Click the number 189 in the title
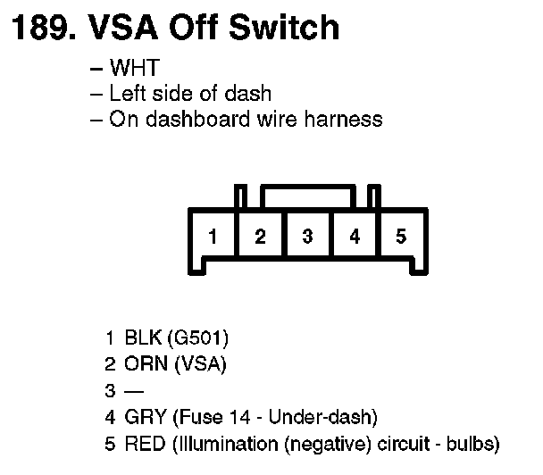[x=39, y=28]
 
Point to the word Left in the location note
[x=125, y=93]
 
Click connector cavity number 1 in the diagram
[x=212, y=237]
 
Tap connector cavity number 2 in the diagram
[x=260, y=237]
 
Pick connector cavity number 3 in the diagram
[x=307, y=237]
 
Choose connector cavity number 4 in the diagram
[x=355, y=237]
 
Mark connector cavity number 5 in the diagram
[x=402, y=237]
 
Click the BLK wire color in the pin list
[x=143, y=338]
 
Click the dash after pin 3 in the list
[x=133, y=390]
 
